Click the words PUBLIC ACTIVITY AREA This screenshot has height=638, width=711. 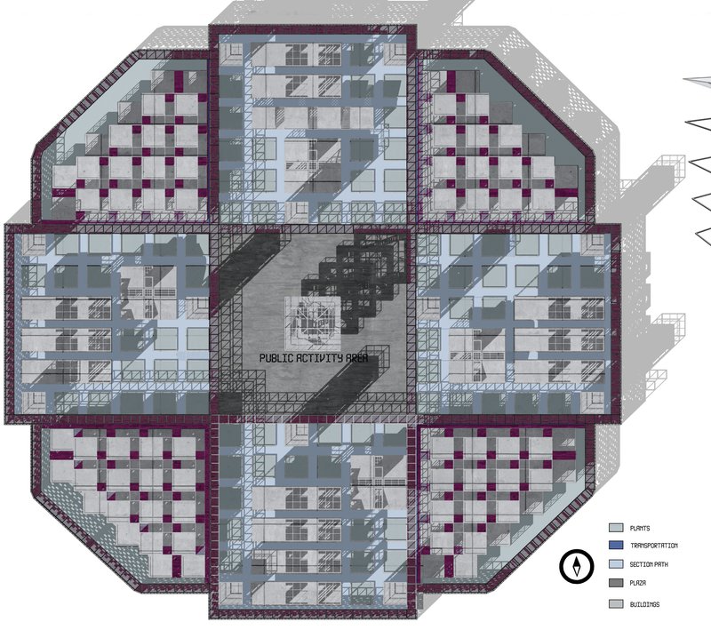pyautogui.click(x=315, y=357)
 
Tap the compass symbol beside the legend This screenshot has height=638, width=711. pyautogui.click(x=577, y=565)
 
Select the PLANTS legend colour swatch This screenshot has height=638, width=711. pyautogui.click(x=615, y=528)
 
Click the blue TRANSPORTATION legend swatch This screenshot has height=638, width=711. pyautogui.click(x=615, y=546)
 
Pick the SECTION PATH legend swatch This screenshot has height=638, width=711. pyautogui.click(x=615, y=565)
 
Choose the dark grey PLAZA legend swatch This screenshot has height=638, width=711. pyautogui.click(x=615, y=584)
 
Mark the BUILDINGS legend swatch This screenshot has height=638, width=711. pyautogui.click(x=615, y=604)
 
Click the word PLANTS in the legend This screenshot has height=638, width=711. pyautogui.click(x=640, y=528)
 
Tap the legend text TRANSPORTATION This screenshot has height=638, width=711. pyautogui.click(x=653, y=546)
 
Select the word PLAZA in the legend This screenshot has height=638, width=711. pyautogui.click(x=638, y=584)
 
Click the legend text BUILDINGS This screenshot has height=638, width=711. pyautogui.click(x=644, y=604)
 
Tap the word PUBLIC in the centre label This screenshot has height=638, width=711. pyautogui.click(x=276, y=357)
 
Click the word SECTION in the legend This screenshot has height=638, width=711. pyautogui.click(x=643, y=565)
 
